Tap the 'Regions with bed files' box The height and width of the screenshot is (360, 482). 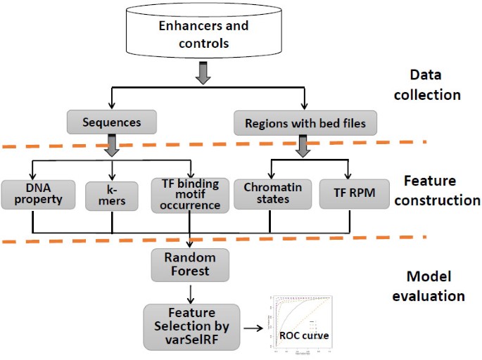305,122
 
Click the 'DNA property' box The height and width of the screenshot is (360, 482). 33,193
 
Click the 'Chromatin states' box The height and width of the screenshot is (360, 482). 272,193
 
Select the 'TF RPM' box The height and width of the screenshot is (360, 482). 350,193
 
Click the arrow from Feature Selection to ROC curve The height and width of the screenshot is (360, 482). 253,327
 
